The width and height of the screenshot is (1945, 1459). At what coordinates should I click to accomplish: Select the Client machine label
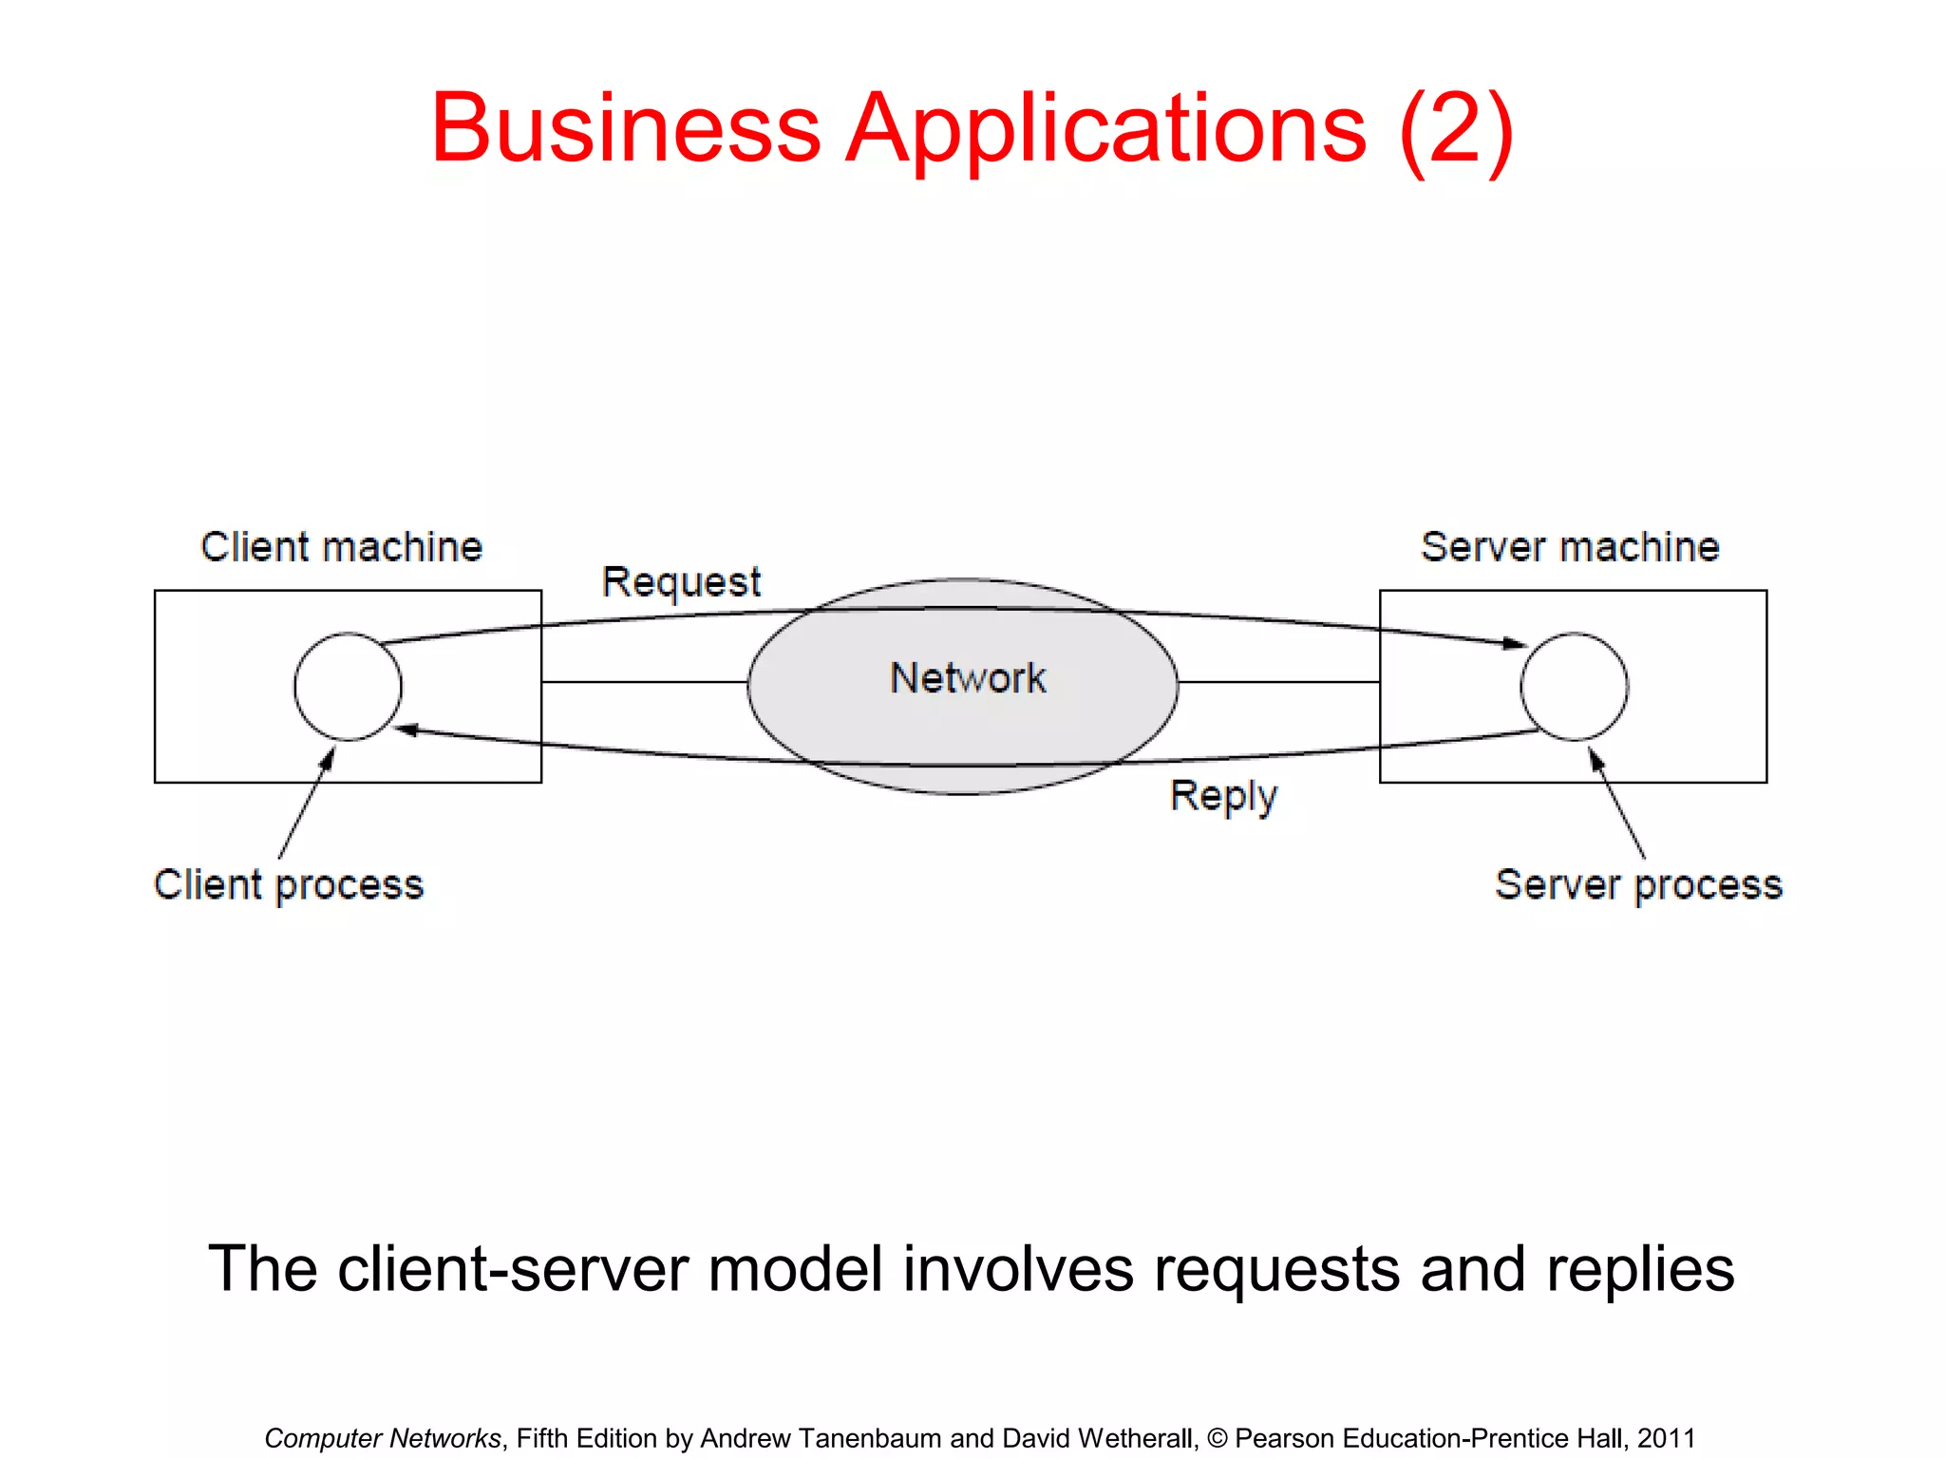point(341,547)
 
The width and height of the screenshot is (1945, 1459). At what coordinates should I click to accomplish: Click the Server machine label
point(1570,547)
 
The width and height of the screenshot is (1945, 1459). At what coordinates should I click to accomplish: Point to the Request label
point(681,581)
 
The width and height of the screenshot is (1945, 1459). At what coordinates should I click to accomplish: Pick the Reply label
point(1223,796)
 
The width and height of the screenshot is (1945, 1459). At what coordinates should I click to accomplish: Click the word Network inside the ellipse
point(967,678)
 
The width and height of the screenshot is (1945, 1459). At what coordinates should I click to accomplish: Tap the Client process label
point(289,884)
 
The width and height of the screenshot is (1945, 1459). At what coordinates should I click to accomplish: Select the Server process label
point(1638,884)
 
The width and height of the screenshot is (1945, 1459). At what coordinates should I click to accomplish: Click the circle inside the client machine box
point(348,686)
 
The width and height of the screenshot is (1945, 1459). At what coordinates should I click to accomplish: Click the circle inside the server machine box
point(1574,686)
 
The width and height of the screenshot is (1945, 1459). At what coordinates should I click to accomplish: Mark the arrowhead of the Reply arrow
point(406,729)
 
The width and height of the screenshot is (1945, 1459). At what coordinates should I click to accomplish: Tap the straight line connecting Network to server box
point(1278,682)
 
